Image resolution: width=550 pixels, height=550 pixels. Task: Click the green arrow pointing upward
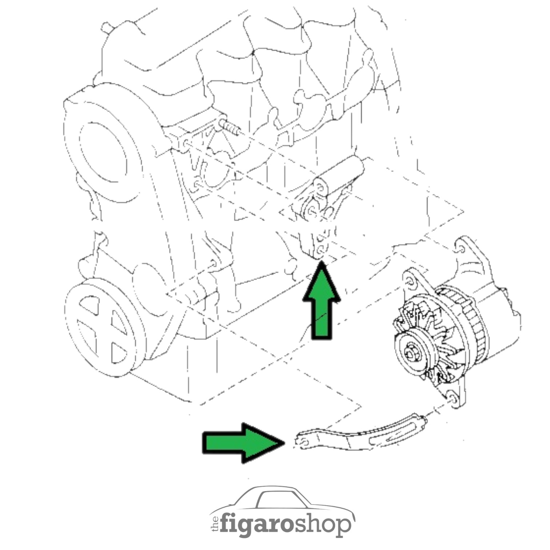(x=322, y=302)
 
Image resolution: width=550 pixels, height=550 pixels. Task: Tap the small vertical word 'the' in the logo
(x=215, y=523)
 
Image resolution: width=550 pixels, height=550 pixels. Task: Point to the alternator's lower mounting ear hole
(x=451, y=397)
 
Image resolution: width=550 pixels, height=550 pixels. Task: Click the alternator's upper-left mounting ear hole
(x=408, y=280)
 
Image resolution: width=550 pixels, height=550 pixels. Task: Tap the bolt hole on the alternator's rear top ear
(x=460, y=250)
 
